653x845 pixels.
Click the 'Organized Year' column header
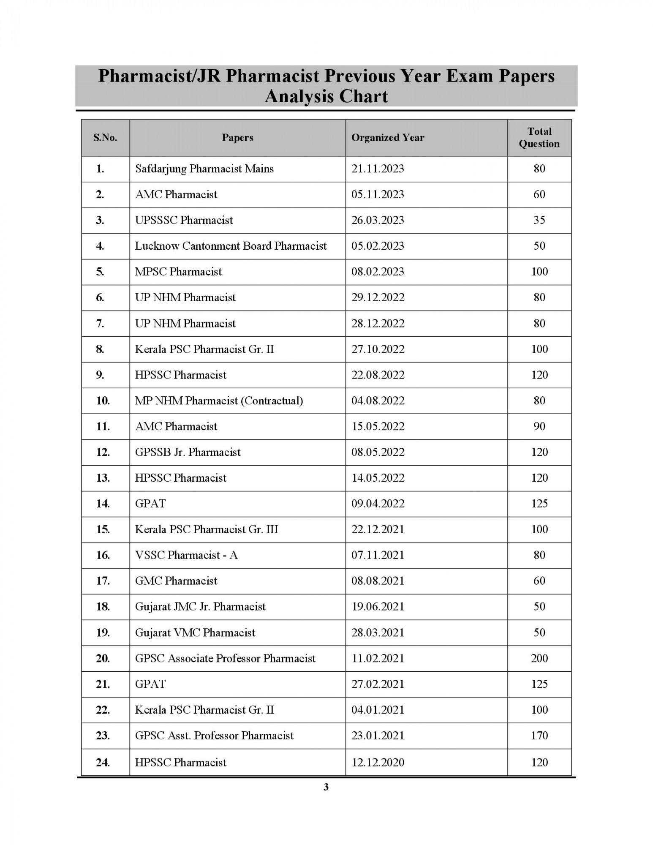pos(387,138)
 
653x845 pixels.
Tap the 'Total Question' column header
pos(539,137)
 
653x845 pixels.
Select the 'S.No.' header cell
pos(105,138)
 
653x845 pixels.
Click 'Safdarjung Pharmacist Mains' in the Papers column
pos(204,169)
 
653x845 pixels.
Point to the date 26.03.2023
pos(377,220)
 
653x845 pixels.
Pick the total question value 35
pos(539,220)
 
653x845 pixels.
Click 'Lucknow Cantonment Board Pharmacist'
pos(231,246)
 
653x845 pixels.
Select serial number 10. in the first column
pos(103,401)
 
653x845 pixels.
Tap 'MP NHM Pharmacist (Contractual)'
pos(219,401)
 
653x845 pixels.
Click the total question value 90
pos(539,426)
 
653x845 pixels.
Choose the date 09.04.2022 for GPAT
pos(378,504)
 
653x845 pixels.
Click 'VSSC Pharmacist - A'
pos(186,555)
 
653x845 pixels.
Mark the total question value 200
pos(539,658)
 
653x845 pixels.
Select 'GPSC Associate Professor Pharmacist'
pos(225,658)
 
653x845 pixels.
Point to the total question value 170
pos(539,736)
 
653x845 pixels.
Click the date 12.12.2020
pos(378,762)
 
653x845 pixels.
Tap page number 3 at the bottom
pos(326,787)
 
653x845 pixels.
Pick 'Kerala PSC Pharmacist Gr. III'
pos(207,529)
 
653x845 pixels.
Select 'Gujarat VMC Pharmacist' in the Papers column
pos(195,632)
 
